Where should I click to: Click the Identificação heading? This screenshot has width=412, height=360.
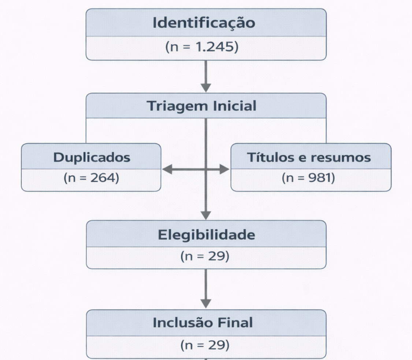tap(204, 23)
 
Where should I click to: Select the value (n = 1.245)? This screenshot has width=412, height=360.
tap(201, 47)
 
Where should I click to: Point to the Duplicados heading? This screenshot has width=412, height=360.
tap(92, 157)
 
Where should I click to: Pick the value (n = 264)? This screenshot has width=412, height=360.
tap(91, 179)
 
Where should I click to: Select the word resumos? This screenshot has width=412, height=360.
tap(341, 157)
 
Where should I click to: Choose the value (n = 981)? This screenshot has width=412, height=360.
tap(308, 179)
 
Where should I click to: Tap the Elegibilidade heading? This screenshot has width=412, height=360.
tap(206, 235)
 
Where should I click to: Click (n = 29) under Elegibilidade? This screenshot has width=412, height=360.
tap(205, 257)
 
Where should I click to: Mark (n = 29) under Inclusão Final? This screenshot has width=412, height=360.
tap(205, 345)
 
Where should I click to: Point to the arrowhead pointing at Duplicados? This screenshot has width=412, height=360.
tap(167, 169)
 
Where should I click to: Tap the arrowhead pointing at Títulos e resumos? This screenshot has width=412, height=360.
tap(224, 169)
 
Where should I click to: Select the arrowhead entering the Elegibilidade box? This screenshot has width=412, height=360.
tap(206, 216)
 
